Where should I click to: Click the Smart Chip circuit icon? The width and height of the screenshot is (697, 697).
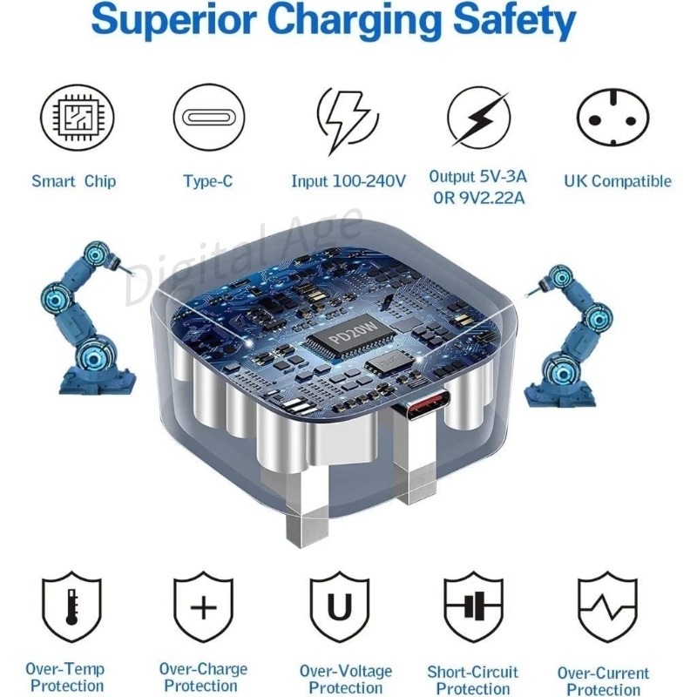tap(78, 117)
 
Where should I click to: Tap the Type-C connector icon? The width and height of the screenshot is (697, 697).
tap(208, 118)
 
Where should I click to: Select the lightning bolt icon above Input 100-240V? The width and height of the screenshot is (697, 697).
tap(347, 119)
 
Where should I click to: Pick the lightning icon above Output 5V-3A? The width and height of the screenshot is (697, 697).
tap(478, 118)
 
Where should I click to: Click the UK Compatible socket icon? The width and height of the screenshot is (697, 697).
tap(613, 117)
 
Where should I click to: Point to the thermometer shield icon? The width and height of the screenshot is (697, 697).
tap(71, 607)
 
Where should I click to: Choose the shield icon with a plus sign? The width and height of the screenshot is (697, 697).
tap(203, 606)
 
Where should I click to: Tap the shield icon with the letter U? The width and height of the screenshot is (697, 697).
tap(339, 606)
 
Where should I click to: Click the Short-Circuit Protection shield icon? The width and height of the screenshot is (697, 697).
tap(473, 606)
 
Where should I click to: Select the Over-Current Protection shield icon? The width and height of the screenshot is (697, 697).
tap(607, 606)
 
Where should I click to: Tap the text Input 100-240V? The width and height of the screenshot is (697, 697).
tap(348, 181)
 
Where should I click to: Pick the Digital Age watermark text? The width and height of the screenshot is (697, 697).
tap(242, 259)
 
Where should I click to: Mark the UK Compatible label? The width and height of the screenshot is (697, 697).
tap(618, 181)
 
